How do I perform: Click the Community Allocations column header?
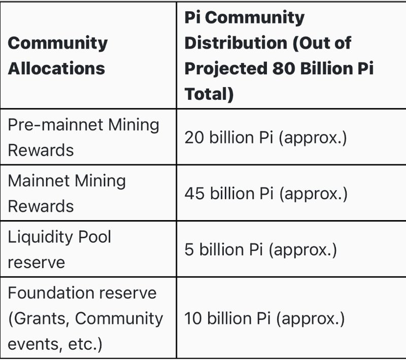[x=57, y=55]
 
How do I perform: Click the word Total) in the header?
[x=209, y=94]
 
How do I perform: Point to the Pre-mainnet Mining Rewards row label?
[x=83, y=137]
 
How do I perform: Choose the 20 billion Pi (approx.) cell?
[x=265, y=137]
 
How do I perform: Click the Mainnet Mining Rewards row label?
[x=66, y=193]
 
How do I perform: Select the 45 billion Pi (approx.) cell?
[x=265, y=194]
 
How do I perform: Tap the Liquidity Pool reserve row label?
[x=59, y=249]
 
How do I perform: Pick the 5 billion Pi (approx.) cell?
[x=261, y=249]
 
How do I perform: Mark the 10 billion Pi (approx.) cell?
[x=264, y=318]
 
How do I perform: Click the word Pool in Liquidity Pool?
[x=93, y=237]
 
